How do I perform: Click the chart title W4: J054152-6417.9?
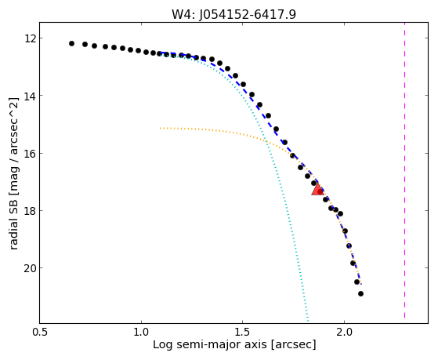233,14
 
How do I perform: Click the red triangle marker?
317,189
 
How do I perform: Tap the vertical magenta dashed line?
404,170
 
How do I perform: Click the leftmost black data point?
71,43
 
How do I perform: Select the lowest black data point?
360,293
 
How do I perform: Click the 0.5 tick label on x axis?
39,332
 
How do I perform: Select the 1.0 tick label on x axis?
141,332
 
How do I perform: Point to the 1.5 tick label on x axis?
243,332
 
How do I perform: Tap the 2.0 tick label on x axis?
345,332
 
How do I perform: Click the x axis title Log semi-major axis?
210,344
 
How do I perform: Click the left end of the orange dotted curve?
160,128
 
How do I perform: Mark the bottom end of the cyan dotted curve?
308,321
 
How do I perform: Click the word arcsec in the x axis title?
292,345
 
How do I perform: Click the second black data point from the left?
85,44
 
